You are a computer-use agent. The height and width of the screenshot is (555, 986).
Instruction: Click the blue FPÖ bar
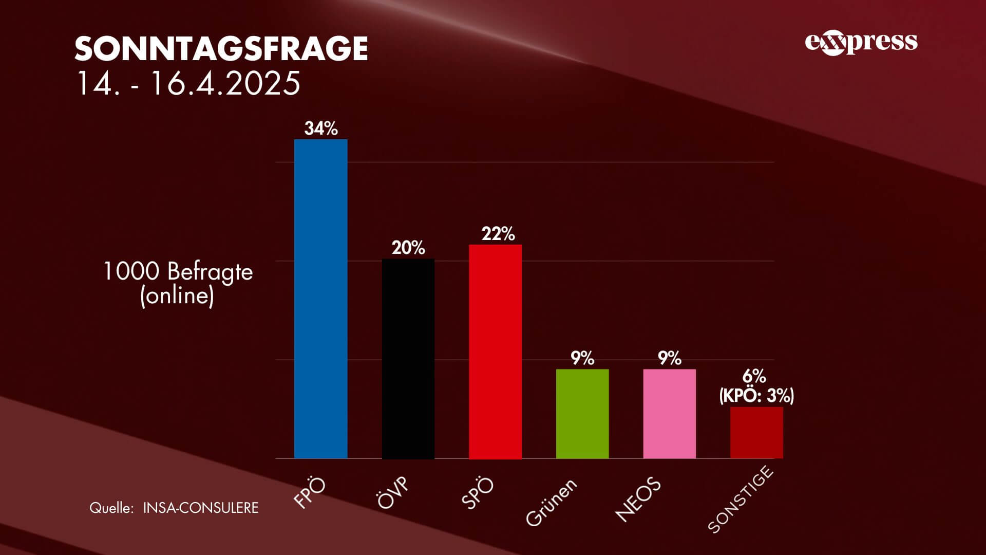[320, 299]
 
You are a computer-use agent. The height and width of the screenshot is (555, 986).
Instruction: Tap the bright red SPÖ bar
[495, 351]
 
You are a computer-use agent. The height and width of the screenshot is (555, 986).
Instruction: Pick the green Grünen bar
[582, 414]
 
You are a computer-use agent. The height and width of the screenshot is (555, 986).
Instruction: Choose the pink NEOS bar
[669, 414]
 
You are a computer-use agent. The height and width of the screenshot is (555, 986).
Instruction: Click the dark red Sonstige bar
[756, 432]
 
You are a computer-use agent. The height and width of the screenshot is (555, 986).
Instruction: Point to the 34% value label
[321, 128]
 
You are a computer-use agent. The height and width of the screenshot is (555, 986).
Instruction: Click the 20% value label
[408, 248]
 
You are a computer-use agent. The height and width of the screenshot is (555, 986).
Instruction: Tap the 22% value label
[498, 234]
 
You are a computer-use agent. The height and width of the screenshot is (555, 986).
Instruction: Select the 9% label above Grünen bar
[582, 358]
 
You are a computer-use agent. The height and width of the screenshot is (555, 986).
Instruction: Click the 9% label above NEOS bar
[669, 358]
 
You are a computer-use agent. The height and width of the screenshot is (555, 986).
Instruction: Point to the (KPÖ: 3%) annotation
[756, 396]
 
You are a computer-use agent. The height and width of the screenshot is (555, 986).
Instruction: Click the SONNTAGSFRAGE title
[221, 49]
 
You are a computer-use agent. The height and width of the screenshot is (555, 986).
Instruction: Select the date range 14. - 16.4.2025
[188, 83]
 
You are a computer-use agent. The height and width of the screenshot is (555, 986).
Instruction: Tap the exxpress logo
[861, 43]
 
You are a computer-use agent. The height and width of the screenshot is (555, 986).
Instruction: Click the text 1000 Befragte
[178, 271]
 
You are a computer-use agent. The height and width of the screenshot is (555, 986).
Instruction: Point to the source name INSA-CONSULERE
[201, 508]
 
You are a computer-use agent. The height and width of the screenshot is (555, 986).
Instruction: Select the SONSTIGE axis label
[740, 499]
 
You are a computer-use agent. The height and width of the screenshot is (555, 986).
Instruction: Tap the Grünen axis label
[552, 502]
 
